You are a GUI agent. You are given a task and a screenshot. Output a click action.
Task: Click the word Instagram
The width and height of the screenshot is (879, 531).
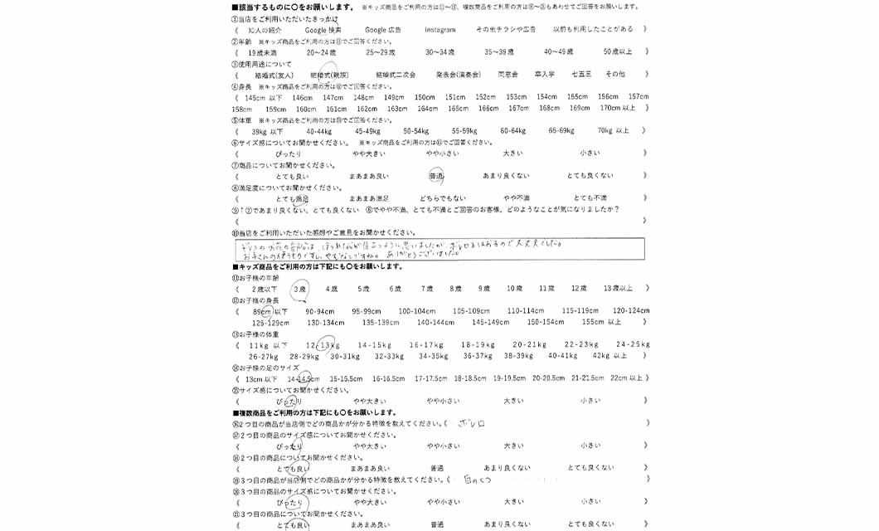(440, 30)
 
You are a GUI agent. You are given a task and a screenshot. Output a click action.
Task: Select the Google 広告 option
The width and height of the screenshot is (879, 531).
(382, 30)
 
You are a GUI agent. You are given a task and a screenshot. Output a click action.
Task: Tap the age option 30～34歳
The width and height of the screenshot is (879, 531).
(440, 51)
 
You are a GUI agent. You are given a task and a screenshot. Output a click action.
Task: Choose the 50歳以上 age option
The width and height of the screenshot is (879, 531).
(618, 51)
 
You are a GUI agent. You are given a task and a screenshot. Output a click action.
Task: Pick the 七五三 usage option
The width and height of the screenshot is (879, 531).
(581, 75)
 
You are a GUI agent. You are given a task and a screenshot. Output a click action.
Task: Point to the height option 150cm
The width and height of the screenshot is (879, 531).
(425, 97)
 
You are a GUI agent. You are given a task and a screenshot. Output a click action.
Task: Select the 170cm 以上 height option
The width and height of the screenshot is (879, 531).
(618, 108)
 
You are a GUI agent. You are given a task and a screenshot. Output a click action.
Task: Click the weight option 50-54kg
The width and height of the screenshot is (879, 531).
(416, 131)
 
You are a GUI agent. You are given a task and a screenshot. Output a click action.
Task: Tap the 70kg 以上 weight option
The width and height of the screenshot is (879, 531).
(613, 131)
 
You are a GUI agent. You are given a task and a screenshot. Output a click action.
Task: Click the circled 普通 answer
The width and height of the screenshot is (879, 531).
(436, 176)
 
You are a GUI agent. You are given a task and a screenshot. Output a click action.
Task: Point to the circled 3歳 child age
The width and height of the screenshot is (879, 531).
(300, 289)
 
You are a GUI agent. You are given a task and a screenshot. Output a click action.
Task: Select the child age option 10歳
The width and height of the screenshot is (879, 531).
(515, 289)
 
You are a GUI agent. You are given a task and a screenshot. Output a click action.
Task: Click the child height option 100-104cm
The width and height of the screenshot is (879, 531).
(416, 311)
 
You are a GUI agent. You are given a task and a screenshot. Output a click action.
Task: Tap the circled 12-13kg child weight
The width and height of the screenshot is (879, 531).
(323, 344)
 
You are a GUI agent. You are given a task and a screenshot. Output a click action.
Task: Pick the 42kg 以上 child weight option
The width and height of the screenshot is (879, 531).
(609, 356)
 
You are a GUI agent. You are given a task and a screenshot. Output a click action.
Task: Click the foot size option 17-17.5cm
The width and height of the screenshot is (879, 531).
(431, 378)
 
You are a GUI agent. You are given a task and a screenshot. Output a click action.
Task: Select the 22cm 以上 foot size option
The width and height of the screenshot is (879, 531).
(626, 378)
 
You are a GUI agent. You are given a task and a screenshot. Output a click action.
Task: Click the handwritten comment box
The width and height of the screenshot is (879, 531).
(439, 248)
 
